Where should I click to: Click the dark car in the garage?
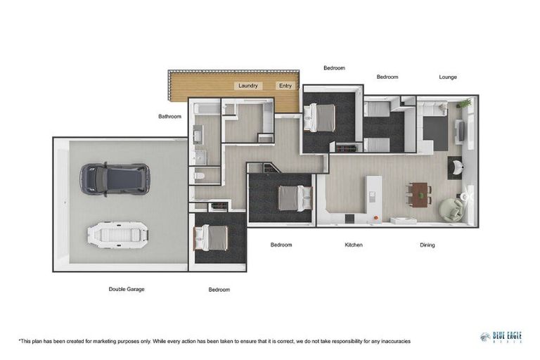click(114, 179)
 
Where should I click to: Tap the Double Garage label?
click(127, 289)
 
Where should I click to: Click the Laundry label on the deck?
click(248, 86)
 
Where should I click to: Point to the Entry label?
click(285, 86)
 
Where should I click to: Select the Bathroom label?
click(169, 117)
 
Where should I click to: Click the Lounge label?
click(448, 77)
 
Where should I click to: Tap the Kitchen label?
click(354, 245)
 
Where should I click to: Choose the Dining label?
click(427, 245)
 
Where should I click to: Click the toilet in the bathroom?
click(199, 176)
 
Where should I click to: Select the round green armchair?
click(449, 208)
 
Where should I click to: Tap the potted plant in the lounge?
click(463, 104)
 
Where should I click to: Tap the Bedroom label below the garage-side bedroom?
click(219, 290)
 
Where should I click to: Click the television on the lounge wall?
click(460, 131)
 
